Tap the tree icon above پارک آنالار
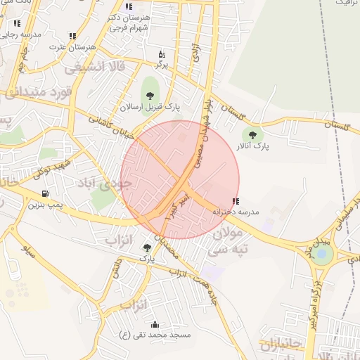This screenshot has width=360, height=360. coord(252,134)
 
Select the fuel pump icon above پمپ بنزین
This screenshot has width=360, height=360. coord(46,194)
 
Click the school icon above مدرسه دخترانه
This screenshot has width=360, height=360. coord(235,201)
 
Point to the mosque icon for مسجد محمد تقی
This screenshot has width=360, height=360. coord(155,324)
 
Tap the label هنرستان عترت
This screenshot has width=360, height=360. coord(72,46)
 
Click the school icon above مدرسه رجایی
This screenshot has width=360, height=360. coord(15,22)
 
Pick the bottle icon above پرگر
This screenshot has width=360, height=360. coord(161,54)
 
